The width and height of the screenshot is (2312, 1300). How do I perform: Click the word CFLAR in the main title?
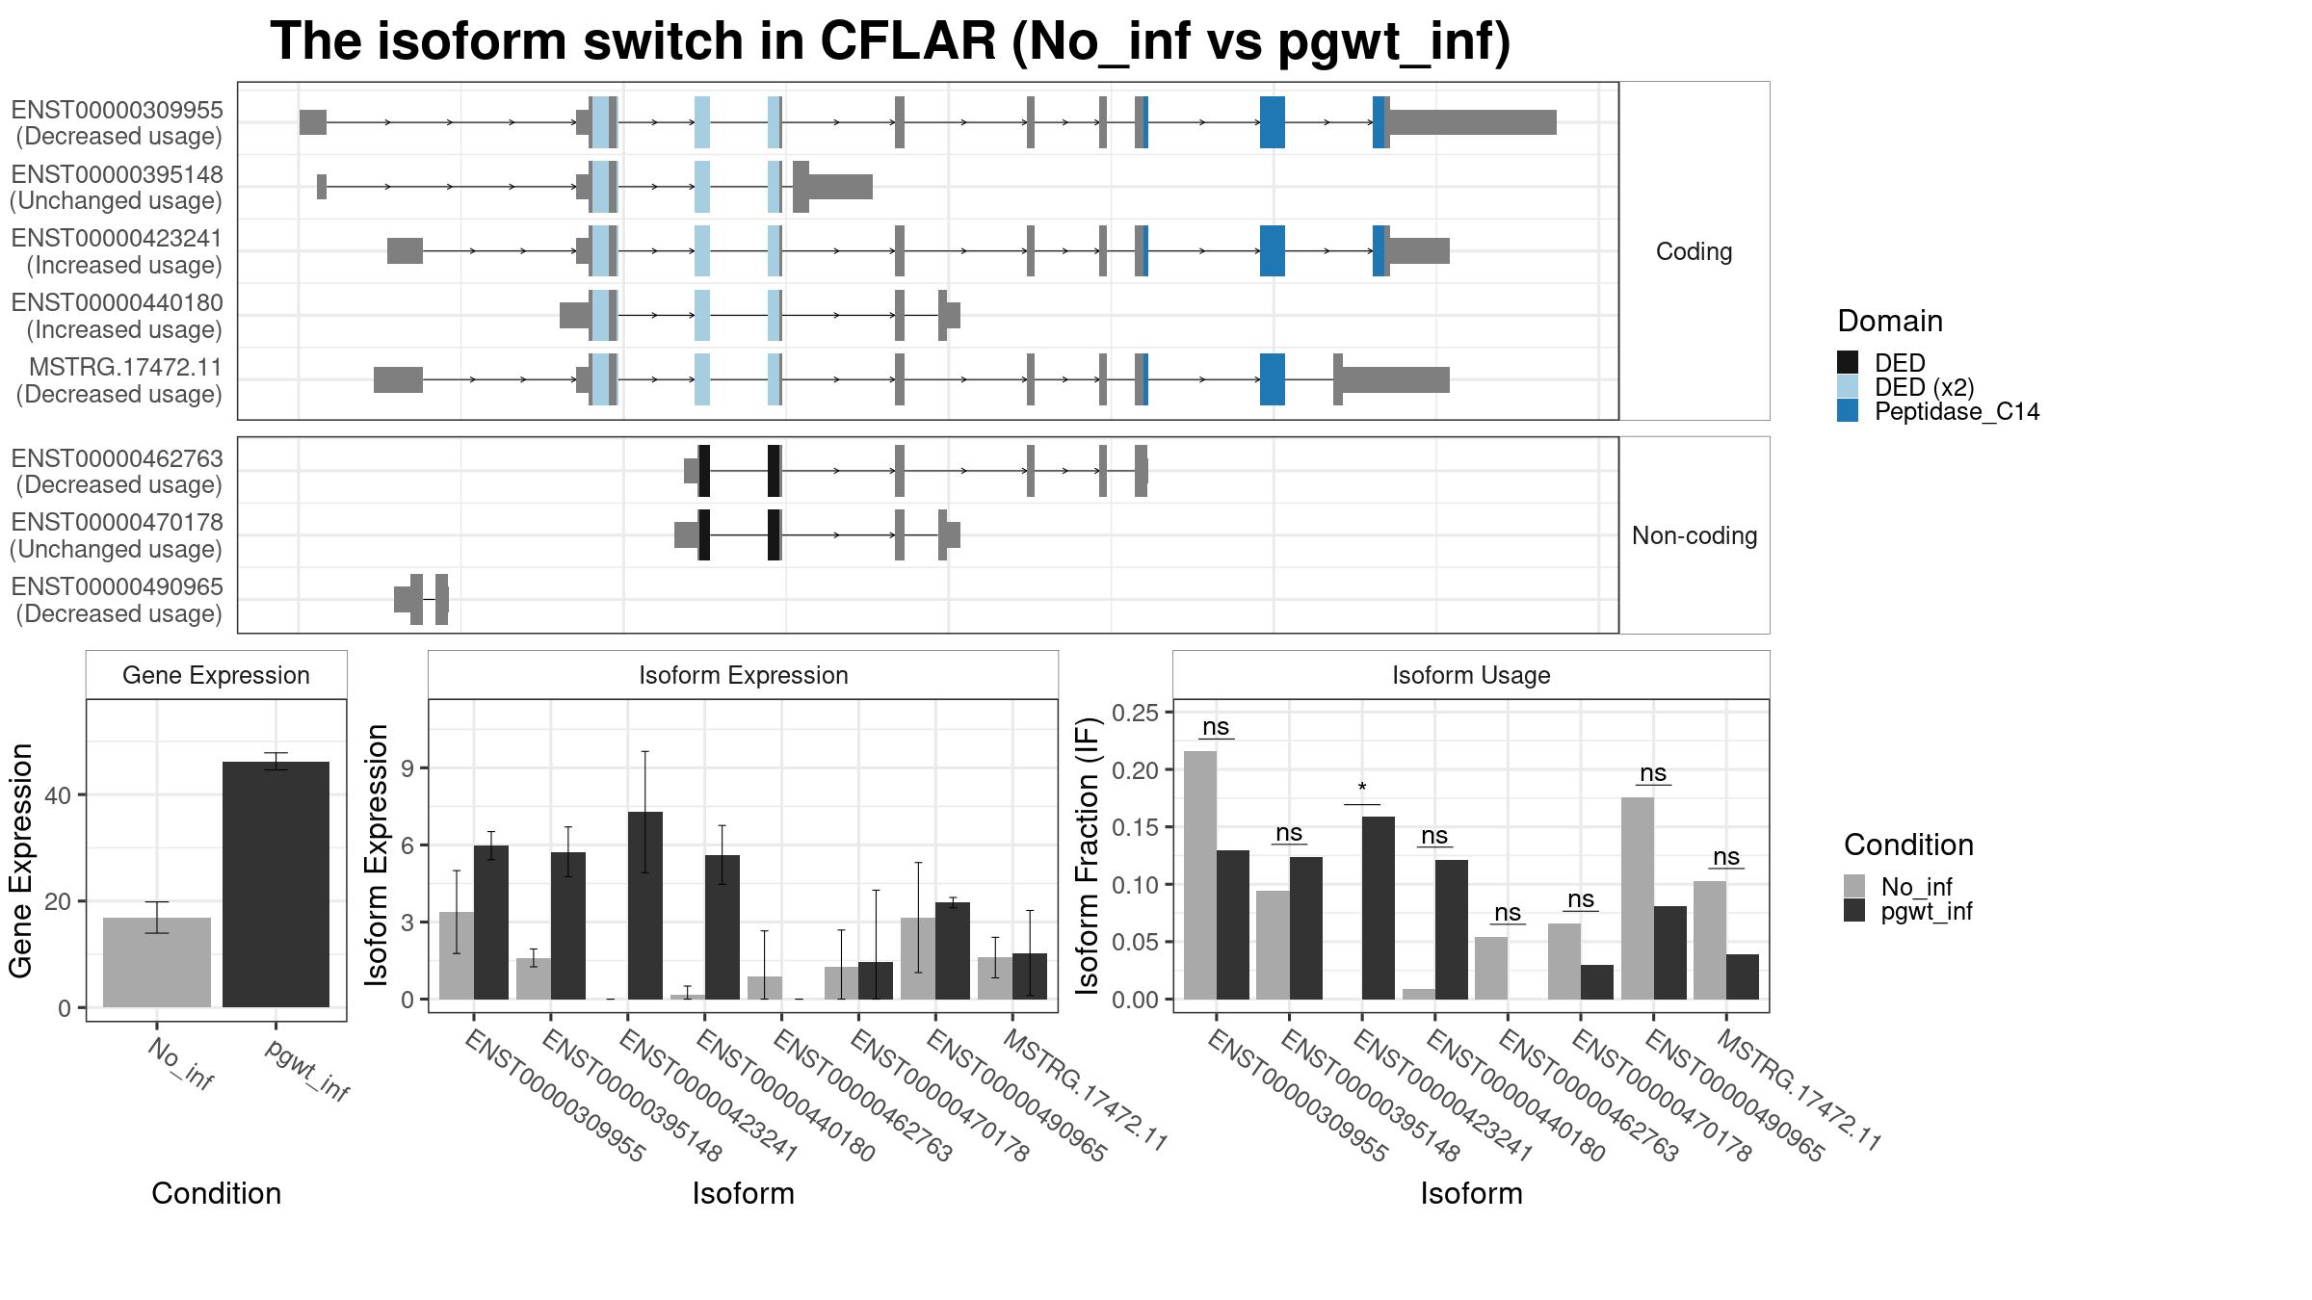[907, 41]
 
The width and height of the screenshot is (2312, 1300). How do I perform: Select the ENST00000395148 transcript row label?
[117, 188]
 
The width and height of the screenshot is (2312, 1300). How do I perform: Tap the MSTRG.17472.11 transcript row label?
[118, 380]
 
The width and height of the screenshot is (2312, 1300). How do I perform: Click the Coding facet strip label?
[1694, 251]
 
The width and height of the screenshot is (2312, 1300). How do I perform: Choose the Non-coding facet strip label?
[1694, 535]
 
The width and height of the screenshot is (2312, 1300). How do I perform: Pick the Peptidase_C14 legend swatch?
[1848, 411]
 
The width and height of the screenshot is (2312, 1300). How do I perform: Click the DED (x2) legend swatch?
[1848, 387]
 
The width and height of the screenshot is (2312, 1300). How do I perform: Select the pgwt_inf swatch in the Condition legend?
[1854, 911]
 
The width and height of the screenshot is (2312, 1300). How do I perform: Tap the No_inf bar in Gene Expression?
[157, 962]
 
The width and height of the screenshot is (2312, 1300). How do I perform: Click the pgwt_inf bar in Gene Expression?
[276, 884]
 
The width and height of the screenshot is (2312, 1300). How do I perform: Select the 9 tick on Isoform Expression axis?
[407, 768]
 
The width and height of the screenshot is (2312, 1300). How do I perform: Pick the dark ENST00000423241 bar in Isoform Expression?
[645, 905]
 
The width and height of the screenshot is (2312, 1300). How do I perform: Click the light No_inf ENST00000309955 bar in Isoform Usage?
[1200, 875]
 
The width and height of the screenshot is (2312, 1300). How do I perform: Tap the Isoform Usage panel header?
[1471, 675]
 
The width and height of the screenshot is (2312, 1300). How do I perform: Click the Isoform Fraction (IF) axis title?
[1088, 855]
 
